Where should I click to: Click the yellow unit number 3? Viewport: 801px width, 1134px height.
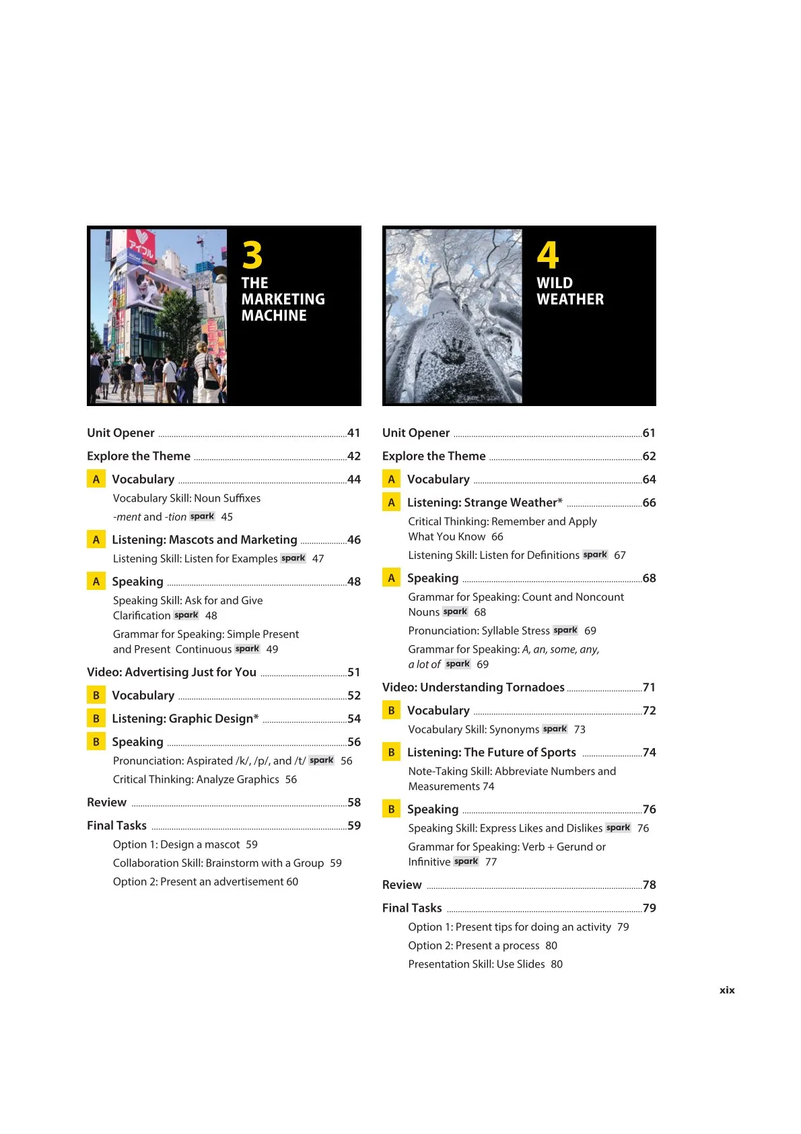[x=252, y=256]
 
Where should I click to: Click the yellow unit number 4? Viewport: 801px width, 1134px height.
[x=548, y=256]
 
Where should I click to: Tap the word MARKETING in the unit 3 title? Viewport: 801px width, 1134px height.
[x=283, y=299]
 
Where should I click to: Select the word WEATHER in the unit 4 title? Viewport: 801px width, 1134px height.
[x=570, y=299]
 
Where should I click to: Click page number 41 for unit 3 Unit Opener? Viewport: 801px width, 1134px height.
[x=354, y=433]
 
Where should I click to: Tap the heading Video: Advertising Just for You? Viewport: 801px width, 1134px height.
[x=172, y=672]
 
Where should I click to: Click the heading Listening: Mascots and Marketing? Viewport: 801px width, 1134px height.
[x=205, y=539]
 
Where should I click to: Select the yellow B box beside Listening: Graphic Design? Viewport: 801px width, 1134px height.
[x=96, y=719]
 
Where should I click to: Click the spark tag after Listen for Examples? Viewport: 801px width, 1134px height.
[x=293, y=558]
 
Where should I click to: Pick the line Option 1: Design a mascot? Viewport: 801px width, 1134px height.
[x=176, y=844]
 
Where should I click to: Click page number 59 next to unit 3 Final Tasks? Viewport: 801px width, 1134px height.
[x=354, y=826]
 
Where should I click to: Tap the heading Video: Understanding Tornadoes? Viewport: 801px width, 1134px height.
[x=473, y=687]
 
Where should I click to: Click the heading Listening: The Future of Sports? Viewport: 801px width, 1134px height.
[x=491, y=752]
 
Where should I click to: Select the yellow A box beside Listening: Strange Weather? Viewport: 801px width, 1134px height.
[x=391, y=502]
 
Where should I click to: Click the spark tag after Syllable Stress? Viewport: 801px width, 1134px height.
[x=565, y=630]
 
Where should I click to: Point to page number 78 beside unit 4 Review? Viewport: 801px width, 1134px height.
[x=650, y=885]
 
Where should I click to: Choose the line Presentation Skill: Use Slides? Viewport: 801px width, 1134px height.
[x=477, y=964]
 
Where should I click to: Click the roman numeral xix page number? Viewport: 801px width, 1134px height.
[x=727, y=990]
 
